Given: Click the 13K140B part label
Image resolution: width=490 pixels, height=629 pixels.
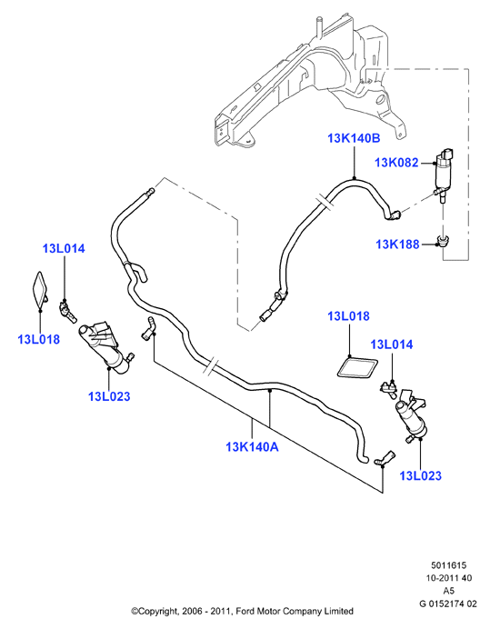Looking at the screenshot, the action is (354, 138).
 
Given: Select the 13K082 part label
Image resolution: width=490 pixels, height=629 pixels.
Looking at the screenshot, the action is (396, 163).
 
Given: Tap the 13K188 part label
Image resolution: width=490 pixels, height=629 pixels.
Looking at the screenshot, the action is (397, 244).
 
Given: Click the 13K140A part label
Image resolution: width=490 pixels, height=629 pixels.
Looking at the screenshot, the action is (252, 446).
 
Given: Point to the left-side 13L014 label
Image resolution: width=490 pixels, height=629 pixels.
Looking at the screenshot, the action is (64, 249).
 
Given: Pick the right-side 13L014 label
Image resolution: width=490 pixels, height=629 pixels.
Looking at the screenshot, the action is (391, 344).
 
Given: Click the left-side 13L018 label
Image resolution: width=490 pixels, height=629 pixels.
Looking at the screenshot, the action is (38, 339).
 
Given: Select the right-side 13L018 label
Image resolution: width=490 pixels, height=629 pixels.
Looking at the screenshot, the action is (348, 316).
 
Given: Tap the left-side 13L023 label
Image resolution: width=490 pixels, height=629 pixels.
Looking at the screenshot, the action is (109, 396).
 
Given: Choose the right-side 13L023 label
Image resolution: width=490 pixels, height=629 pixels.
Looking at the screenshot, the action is (420, 475).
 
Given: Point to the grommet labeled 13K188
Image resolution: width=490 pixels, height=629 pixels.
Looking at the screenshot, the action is (443, 241).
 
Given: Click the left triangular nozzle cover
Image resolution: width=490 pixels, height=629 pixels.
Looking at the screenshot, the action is (40, 291).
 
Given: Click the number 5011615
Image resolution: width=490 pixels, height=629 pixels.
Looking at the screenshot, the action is (449, 565).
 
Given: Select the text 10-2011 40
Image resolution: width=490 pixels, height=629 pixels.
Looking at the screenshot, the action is (449, 578).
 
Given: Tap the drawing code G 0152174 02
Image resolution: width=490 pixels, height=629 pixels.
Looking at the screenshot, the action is (448, 604).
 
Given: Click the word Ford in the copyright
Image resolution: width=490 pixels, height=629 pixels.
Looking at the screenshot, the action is (245, 612).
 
